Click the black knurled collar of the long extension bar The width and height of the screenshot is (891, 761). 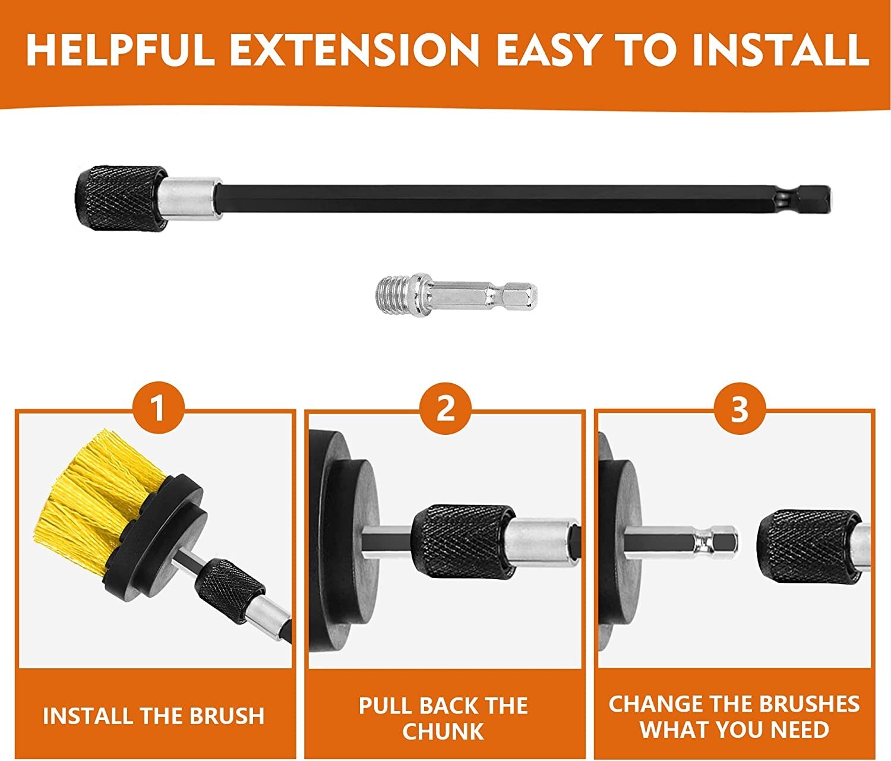pyautogui.click(x=121, y=198)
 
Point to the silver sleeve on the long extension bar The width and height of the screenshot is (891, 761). pyautogui.click(x=193, y=198)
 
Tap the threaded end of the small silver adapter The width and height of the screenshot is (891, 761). pyautogui.click(x=392, y=295)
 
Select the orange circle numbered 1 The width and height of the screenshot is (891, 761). pyautogui.click(x=158, y=408)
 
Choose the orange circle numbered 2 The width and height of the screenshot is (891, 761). pyautogui.click(x=445, y=408)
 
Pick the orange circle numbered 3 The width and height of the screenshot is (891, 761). pyautogui.click(x=740, y=408)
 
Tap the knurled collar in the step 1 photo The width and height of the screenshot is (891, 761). pyautogui.click(x=228, y=591)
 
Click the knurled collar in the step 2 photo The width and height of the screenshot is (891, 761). pyautogui.click(x=463, y=542)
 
